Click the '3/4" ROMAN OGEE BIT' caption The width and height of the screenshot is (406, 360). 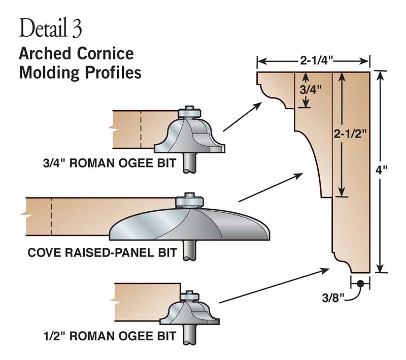pyautogui.click(x=109, y=164)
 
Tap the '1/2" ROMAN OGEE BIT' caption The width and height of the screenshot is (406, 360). pyautogui.click(x=109, y=335)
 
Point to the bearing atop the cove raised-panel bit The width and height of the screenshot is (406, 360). pyautogui.click(x=189, y=200)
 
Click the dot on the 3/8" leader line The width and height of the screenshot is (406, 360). pyautogui.click(x=360, y=284)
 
